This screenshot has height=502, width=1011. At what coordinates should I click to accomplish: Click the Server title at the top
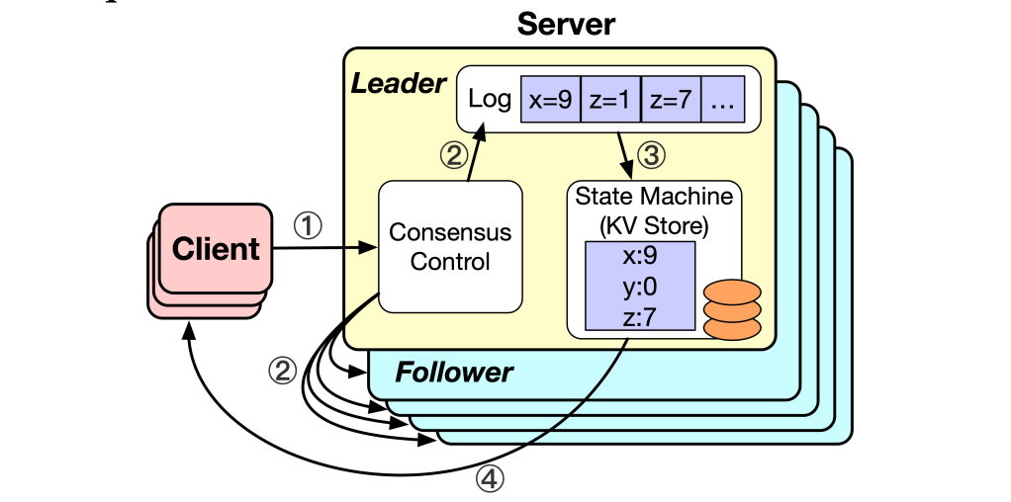coord(565,24)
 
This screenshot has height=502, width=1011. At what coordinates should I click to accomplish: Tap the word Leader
coord(399,84)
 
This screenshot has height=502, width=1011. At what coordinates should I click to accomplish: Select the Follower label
coord(454,373)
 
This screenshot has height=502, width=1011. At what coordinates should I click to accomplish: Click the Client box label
coord(216,248)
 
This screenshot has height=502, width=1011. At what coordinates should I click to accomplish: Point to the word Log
coord(491,99)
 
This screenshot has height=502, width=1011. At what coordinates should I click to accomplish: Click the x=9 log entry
coord(550,99)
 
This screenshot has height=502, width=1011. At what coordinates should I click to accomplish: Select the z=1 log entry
coord(610,99)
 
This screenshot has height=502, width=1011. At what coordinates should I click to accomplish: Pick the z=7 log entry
coord(671,99)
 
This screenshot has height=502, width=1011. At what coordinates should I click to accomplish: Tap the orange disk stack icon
coord(734,306)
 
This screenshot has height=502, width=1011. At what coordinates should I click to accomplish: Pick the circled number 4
coord(491,479)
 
